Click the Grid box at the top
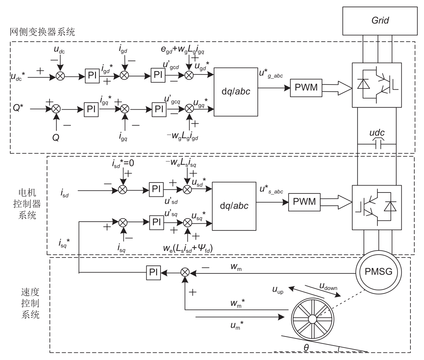coord(380,21)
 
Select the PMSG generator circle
coord(378,272)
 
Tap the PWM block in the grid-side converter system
coord(306,88)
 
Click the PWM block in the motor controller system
coord(304,202)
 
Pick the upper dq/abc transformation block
coord(236,92)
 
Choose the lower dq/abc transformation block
coord(234,206)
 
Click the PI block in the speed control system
coord(153,272)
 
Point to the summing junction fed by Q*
coord(56,109)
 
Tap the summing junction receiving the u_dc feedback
coord(60,77)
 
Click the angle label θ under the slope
coord(306,348)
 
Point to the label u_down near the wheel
coord(328,286)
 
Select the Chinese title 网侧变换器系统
coord(42,32)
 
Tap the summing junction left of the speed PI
coord(185,272)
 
